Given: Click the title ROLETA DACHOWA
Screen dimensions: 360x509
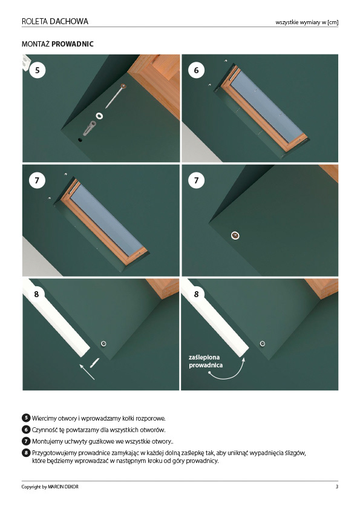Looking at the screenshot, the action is coord(55,21).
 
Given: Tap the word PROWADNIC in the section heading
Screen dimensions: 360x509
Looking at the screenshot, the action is coord(73,44).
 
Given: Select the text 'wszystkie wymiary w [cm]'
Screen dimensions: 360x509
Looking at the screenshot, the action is coord(307,22).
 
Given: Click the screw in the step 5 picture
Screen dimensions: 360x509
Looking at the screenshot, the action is coord(116,96).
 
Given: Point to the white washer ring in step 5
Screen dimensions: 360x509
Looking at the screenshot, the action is coord(99,116).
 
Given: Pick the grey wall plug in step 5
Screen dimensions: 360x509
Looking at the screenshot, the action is coord(90,128).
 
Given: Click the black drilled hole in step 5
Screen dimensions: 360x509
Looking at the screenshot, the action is coord(80,140).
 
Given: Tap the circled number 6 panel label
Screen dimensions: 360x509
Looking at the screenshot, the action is coord(196,70).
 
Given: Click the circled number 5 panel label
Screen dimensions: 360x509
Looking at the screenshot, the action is coord(38,70).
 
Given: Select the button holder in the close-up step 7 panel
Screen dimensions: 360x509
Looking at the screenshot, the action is coord(235,235).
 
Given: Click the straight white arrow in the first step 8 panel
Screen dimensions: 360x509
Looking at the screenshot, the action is coord(87,372).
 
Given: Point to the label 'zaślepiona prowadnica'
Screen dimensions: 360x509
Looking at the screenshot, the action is coord(206,361).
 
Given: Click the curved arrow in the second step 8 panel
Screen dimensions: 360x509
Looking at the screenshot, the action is coord(227,371).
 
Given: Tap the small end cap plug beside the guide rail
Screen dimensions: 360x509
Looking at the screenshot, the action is coord(95,363).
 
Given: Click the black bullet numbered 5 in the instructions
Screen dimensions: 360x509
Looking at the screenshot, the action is coord(26,418).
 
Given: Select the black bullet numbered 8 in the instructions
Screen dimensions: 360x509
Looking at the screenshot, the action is coord(26,453).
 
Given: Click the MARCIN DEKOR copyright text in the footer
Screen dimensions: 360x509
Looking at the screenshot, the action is coord(63,487).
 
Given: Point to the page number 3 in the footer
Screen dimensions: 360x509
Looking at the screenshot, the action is coord(337,487).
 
